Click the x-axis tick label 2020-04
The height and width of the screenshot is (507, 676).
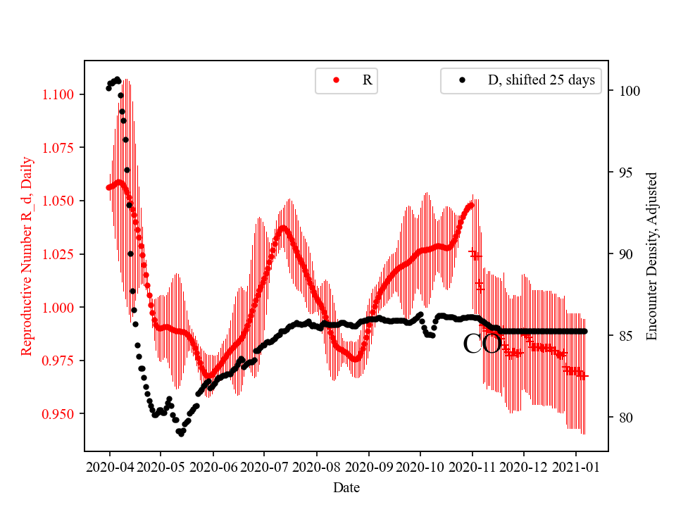(x=109, y=466)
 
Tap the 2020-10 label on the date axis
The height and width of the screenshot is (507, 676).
(x=420, y=466)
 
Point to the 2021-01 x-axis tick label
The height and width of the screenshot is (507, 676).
(x=576, y=466)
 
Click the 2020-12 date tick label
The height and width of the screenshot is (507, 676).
(x=524, y=466)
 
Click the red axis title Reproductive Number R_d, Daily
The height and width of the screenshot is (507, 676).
(x=27, y=256)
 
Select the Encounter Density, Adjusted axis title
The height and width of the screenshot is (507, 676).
(x=651, y=256)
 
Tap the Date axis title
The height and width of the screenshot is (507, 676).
(x=346, y=487)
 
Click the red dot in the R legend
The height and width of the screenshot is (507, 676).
(x=336, y=81)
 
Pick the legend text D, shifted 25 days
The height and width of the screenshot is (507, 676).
(x=542, y=80)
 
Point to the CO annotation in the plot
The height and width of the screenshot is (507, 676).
(x=482, y=344)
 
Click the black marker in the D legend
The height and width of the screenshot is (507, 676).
(x=462, y=81)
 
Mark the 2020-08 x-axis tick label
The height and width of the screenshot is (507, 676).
(x=316, y=466)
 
